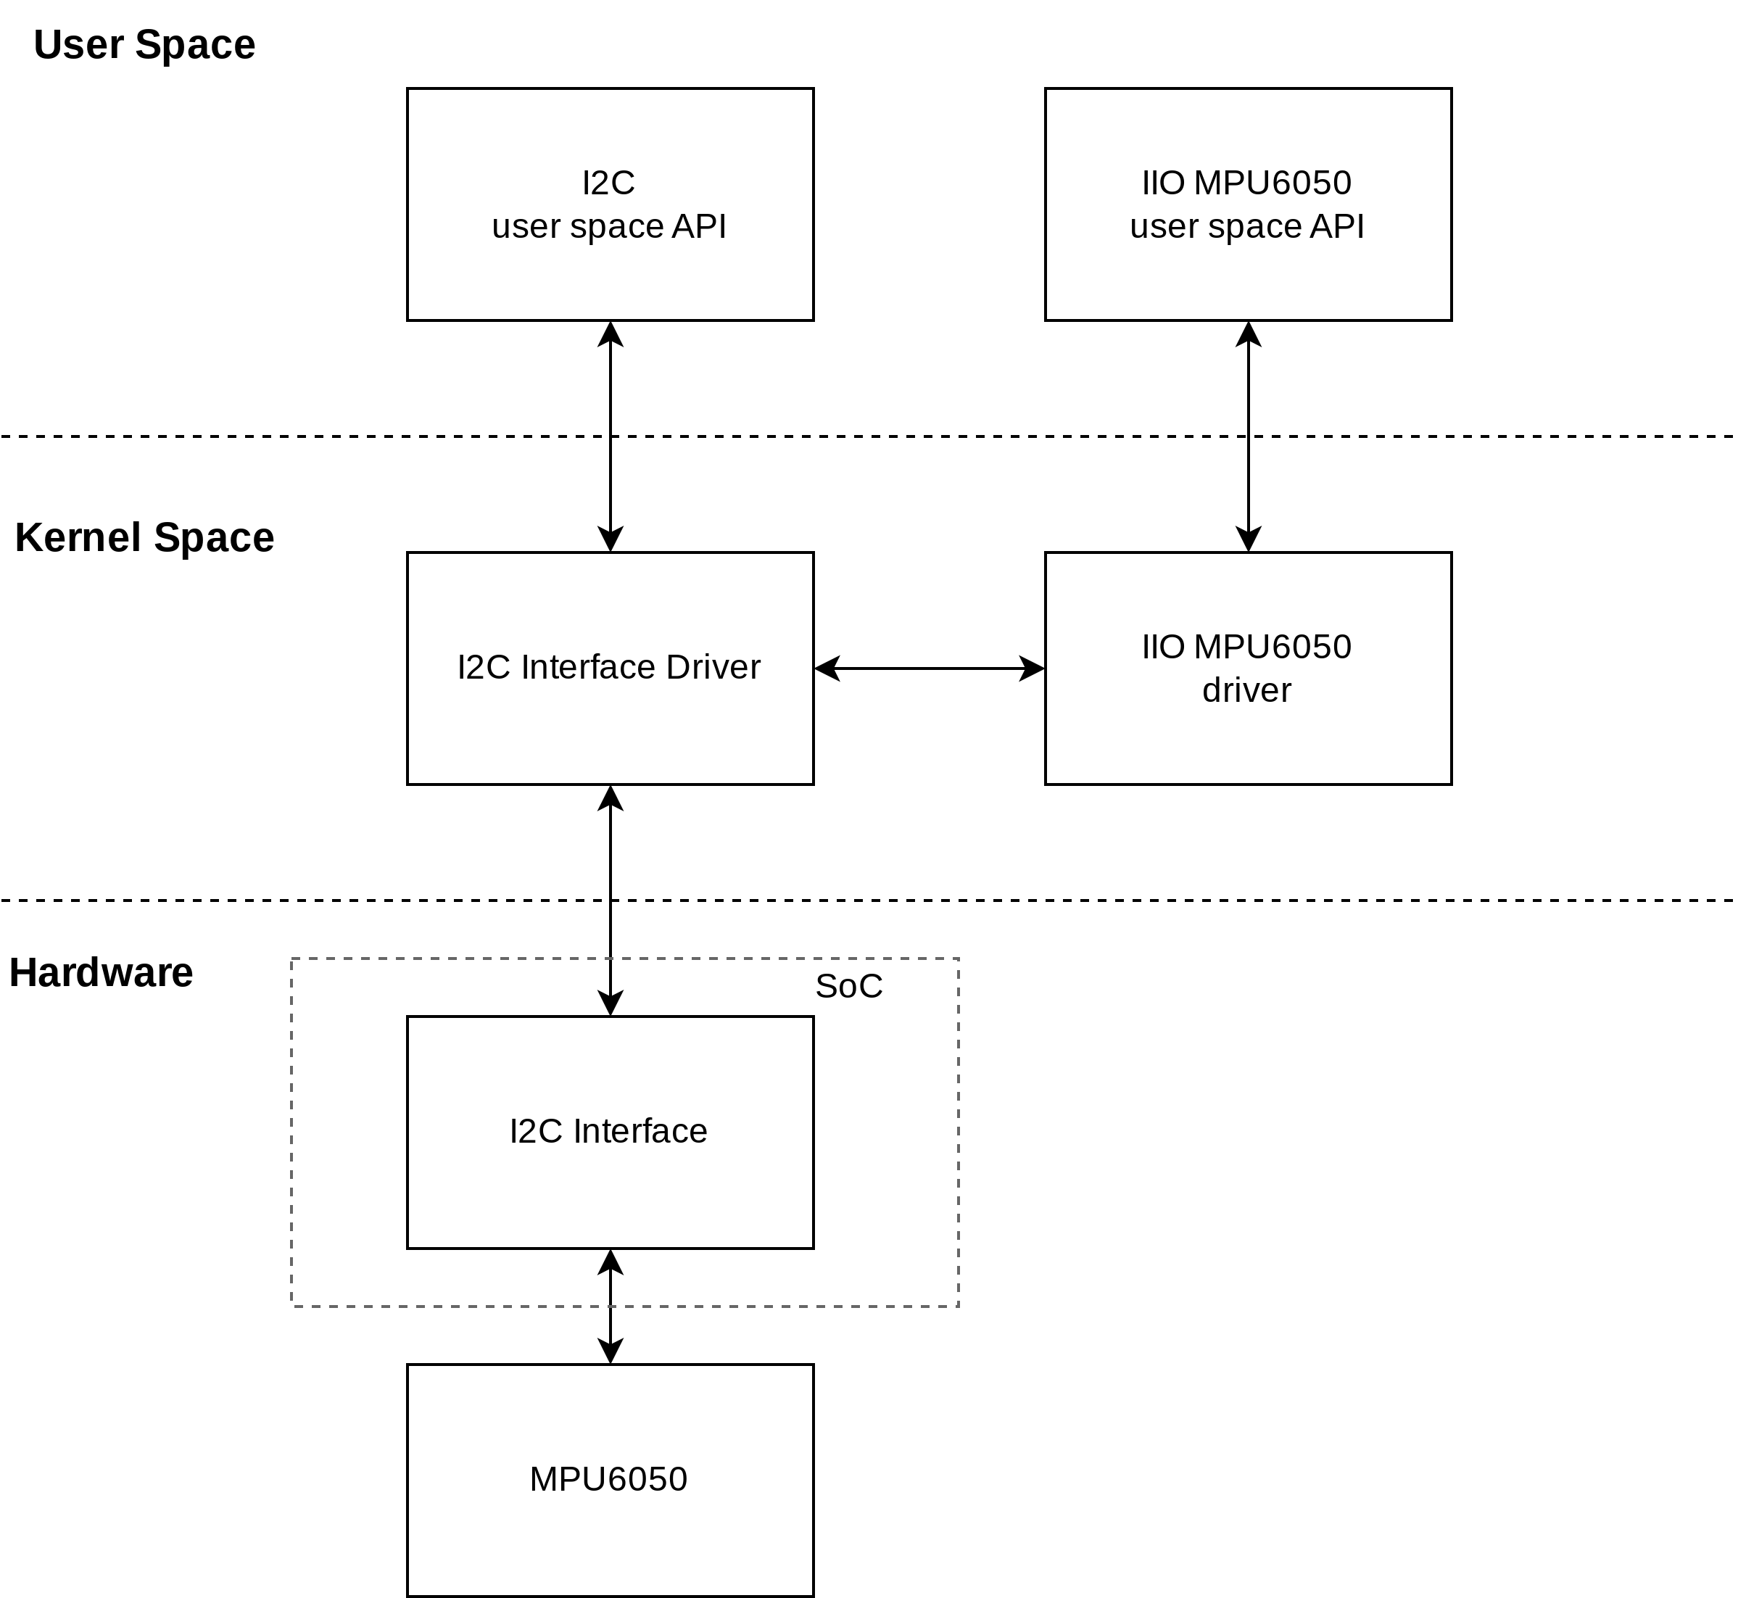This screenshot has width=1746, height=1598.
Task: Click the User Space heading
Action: pos(144,45)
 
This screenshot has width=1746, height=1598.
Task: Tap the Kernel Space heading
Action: pos(144,538)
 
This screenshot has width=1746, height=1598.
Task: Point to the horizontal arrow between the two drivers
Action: pos(930,668)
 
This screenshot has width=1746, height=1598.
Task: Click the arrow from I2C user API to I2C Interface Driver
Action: pos(611,436)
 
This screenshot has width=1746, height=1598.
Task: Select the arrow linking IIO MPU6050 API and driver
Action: pos(1248,436)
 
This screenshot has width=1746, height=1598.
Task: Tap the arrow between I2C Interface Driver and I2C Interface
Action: pos(611,901)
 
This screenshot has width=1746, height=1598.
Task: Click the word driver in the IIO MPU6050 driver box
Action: pos(1247,691)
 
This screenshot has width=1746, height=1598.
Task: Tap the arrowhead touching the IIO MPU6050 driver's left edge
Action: pos(1033,668)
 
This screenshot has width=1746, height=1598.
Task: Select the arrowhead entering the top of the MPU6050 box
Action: pos(611,1351)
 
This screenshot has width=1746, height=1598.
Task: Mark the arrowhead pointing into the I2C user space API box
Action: pos(611,334)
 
